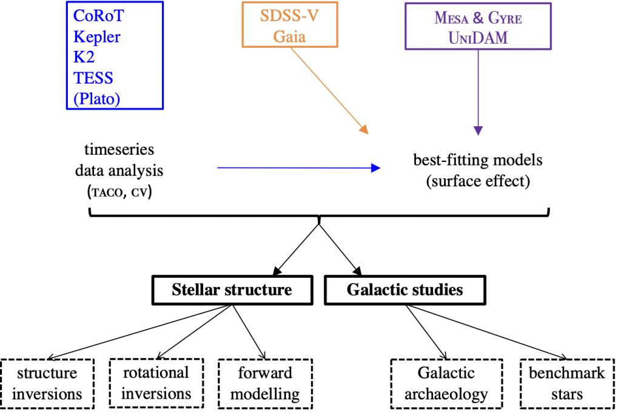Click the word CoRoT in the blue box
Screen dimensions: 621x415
99,16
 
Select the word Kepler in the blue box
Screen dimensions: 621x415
96,37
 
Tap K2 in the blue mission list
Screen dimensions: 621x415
84,57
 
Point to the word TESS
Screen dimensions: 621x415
93,78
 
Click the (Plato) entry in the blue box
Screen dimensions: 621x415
96,99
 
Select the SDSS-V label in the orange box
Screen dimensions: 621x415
289,16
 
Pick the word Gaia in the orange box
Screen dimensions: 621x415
289,37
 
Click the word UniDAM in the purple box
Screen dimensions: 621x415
478,38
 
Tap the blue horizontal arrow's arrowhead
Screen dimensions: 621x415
375,168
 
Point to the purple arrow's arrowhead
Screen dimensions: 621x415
478,131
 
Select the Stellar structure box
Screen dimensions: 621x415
232,290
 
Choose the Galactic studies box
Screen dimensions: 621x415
404,290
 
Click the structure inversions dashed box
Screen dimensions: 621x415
47,383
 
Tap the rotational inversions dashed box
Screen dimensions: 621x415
156,383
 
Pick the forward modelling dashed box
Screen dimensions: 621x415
266,383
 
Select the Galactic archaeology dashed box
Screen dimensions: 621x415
446,383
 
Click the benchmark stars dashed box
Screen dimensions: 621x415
567,383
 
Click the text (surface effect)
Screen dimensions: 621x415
478,181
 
